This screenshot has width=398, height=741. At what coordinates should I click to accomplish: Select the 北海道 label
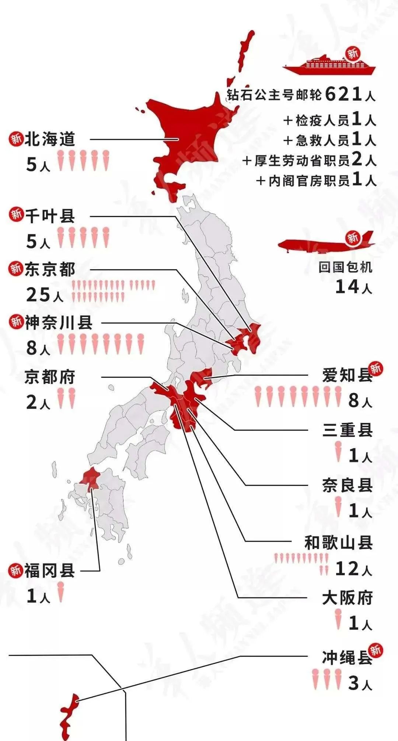(50, 139)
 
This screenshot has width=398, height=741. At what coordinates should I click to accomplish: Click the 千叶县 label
(50, 216)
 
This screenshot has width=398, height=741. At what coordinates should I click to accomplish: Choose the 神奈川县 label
(59, 323)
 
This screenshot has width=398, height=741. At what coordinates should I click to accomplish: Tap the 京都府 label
(50, 377)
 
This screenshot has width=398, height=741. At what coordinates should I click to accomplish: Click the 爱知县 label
(347, 376)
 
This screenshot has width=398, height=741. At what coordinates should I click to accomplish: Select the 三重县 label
(347, 430)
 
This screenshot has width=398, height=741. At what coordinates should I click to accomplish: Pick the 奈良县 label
(347, 485)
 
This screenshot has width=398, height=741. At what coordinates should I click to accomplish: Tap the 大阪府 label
(347, 598)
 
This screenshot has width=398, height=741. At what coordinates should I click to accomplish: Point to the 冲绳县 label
(347, 659)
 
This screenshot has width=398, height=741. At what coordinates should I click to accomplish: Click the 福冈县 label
(50, 570)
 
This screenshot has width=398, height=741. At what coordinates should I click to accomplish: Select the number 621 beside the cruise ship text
(343, 94)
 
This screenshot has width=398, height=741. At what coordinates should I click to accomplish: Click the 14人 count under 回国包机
(353, 287)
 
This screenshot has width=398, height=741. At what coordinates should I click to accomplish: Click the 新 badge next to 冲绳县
(376, 650)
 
